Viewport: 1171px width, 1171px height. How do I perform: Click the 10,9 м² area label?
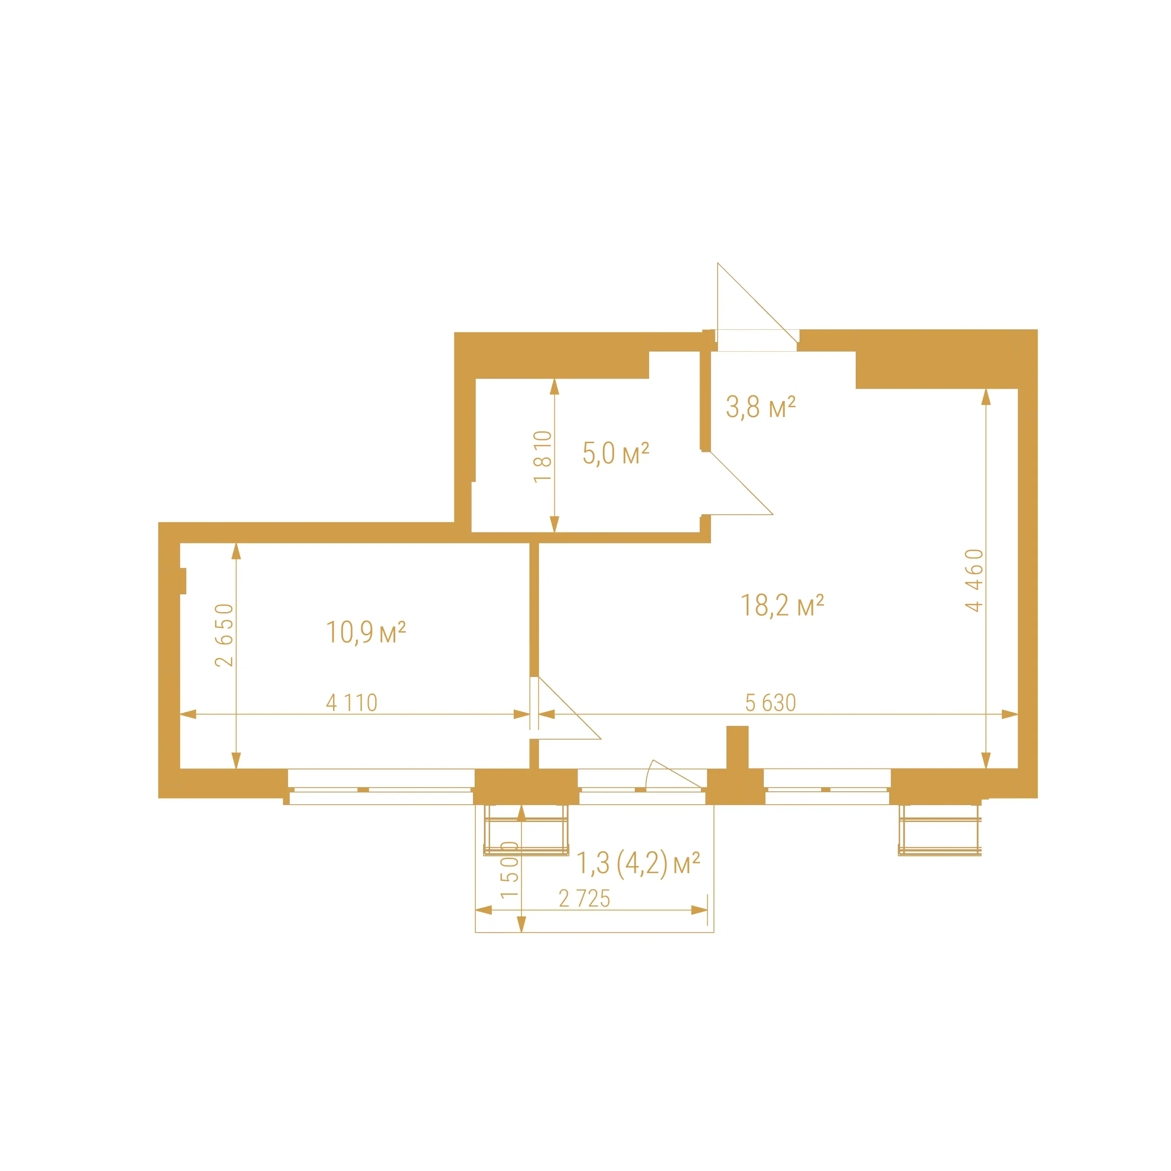(365, 632)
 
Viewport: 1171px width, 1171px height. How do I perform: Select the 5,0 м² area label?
(615, 453)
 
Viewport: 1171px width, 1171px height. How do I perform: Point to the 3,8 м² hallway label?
(760, 407)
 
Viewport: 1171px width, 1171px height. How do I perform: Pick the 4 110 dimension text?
(352, 703)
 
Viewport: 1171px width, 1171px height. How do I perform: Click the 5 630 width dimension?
(770, 703)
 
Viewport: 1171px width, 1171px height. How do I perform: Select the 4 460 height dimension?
(974, 580)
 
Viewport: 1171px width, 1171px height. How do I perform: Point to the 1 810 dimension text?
(543, 457)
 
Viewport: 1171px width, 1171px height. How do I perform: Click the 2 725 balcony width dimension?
(584, 898)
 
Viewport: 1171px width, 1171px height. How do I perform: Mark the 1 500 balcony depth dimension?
(510, 870)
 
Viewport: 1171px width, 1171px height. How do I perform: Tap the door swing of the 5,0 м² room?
(741, 483)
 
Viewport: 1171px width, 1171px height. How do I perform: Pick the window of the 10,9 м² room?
(381, 787)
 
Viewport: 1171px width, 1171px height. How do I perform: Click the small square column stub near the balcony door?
(737, 747)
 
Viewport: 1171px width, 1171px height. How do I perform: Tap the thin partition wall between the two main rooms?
(534, 609)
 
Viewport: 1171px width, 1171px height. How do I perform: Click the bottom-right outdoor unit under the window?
(940, 830)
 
